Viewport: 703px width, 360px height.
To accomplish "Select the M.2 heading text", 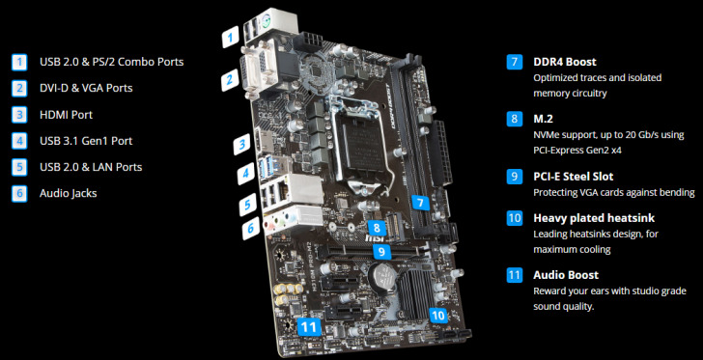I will coord(543,119).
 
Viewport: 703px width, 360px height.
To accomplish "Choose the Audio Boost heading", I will coord(566,275).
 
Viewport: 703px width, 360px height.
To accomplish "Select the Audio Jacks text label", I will coord(68,193).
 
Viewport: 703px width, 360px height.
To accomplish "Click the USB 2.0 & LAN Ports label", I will coord(90,167).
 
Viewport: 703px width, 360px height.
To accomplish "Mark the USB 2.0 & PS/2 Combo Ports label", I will coord(111,62).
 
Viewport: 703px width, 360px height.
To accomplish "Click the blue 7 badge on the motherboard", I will coord(419,203).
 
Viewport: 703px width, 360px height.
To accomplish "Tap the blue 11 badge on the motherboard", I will coord(309,327).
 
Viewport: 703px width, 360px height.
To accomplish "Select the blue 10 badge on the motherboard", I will coord(438,315).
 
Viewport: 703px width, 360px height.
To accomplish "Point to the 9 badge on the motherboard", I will coord(382,251).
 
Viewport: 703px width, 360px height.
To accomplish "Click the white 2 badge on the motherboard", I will coord(230,81).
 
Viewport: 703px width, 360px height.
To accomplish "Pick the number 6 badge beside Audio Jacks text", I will coord(19,193).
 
